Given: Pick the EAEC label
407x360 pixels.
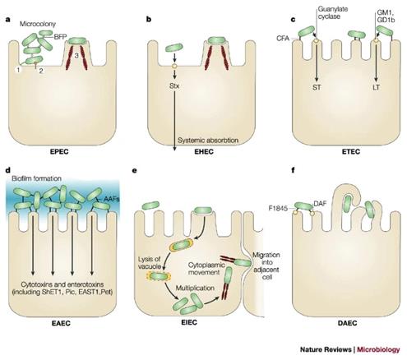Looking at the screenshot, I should pyautogui.click(x=70, y=322).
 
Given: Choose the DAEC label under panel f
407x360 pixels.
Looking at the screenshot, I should pyautogui.click(x=339, y=322).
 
